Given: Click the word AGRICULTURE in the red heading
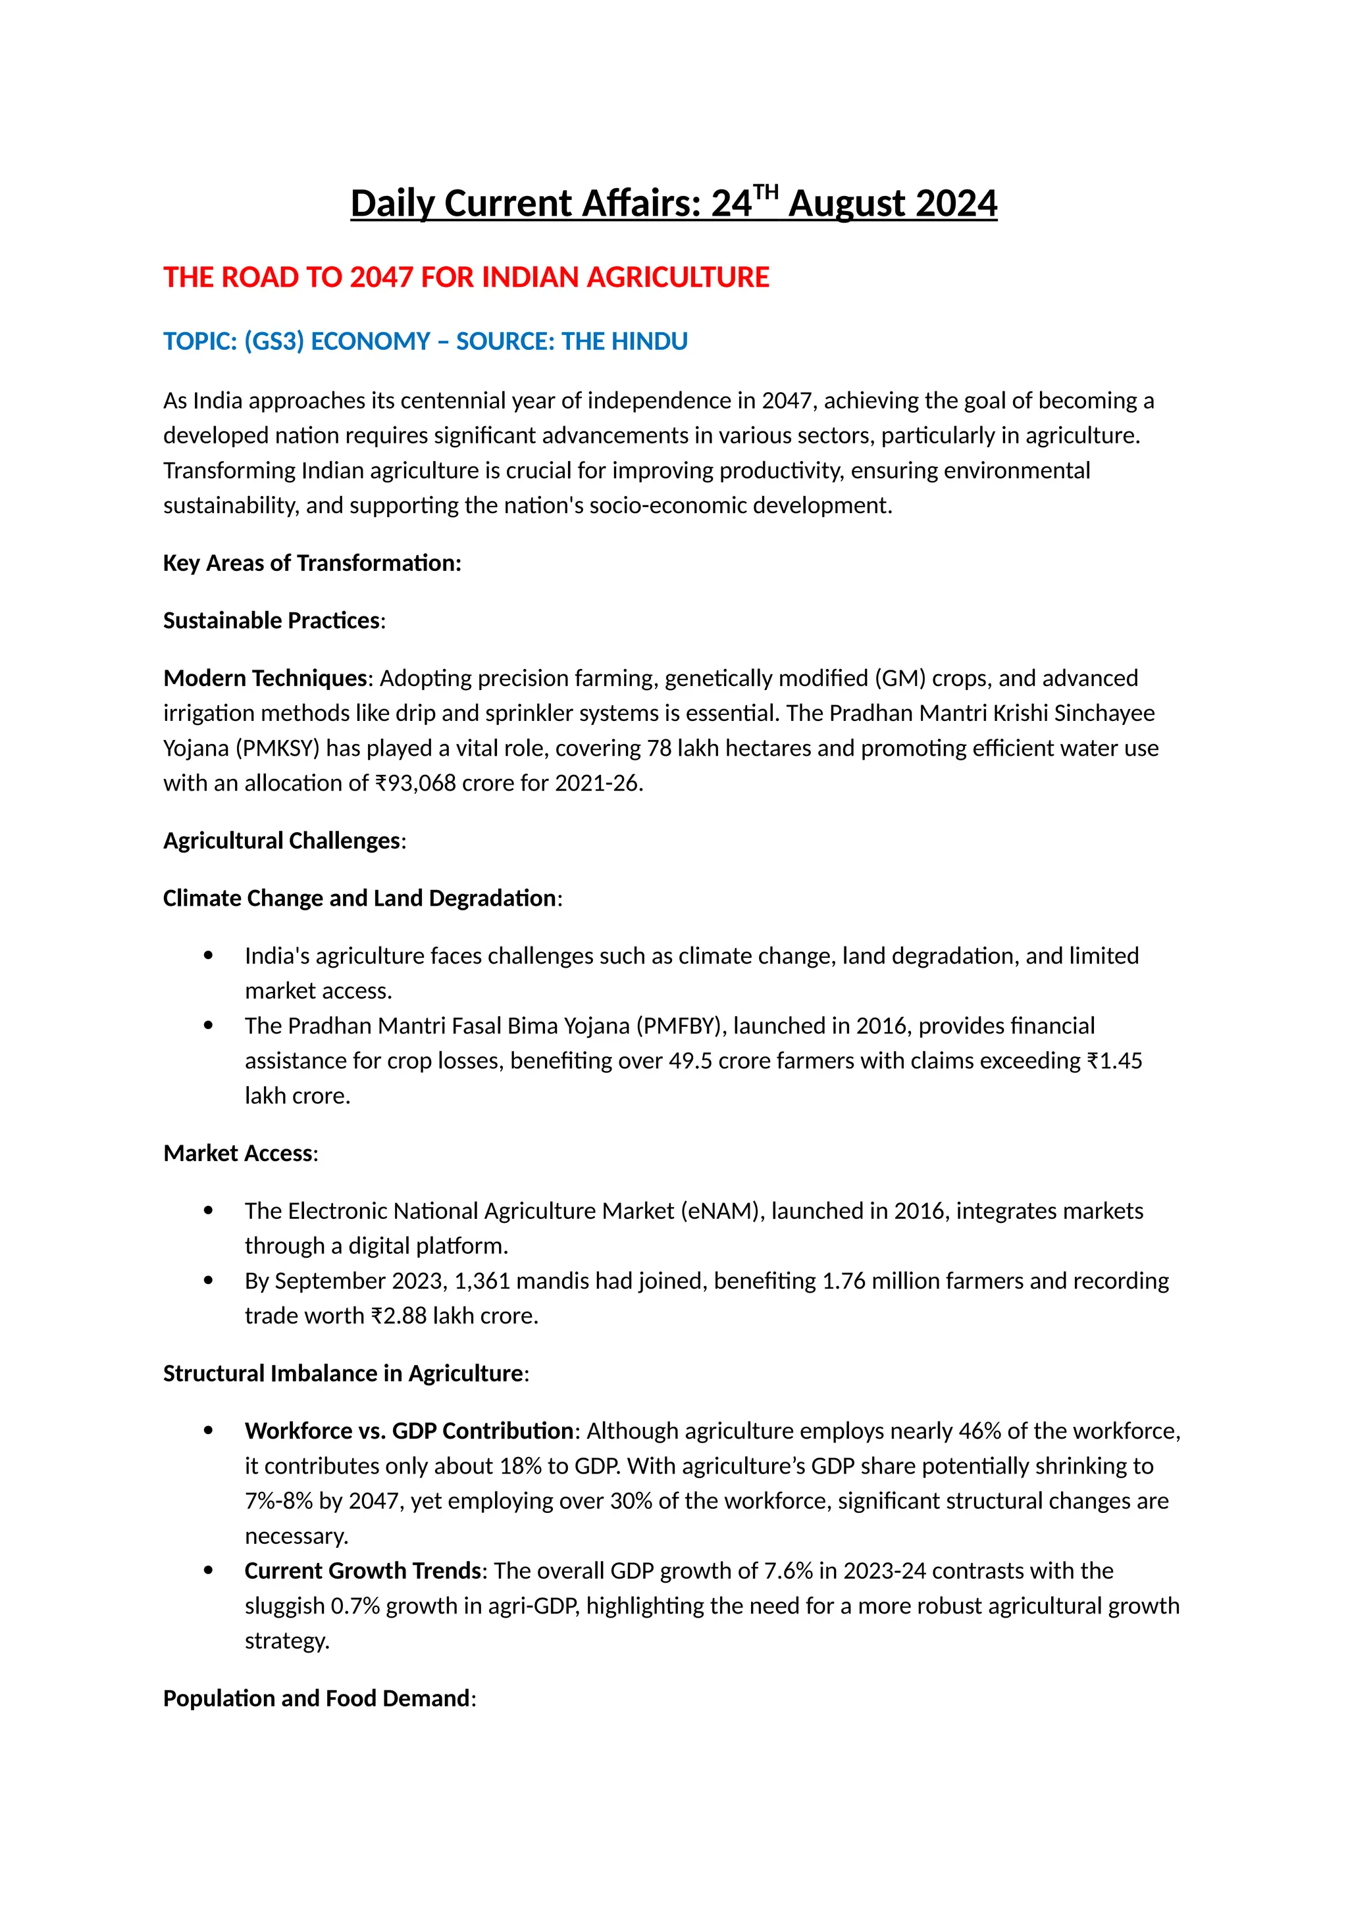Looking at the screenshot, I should click(x=677, y=277).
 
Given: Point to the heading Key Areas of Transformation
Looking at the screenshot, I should click(x=312, y=562).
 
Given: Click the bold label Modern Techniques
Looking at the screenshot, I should click(x=265, y=678).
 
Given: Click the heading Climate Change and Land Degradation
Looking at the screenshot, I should click(x=359, y=898).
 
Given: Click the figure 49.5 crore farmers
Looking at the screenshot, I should click(x=760, y=1060).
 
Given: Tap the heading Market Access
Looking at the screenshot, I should click(x=238, y=1153).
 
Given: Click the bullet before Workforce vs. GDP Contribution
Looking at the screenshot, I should click(x=209, y=1431).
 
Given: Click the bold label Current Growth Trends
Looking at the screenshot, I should click(x=363, y=1571).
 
